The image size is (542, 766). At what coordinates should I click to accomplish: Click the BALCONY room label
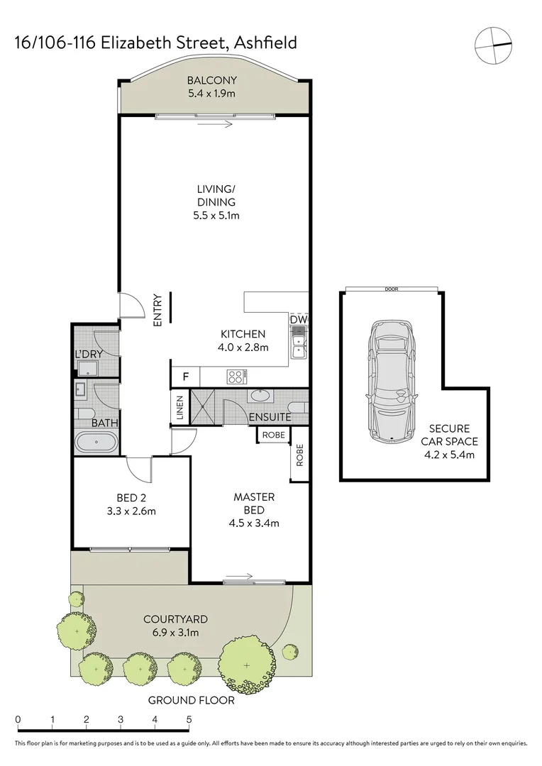tap(213, 80)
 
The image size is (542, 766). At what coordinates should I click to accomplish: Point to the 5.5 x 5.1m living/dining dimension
tap(216, 216)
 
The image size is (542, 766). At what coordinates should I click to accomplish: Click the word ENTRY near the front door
tap(157, 310)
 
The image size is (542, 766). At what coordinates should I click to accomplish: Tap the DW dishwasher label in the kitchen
tap(299, 321)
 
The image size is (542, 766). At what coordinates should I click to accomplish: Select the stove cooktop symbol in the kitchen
tap(236, 376)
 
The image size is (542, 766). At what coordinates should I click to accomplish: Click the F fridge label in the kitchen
tap(186, 376)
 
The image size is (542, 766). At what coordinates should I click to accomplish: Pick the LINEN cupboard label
tap(180, 407)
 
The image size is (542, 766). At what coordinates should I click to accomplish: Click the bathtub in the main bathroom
tap(96, 443)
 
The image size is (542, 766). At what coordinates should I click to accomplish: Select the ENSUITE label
tap(270, 417)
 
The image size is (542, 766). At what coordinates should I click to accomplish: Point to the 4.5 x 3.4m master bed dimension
tap(253, 523)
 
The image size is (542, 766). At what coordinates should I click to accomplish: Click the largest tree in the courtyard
tap(246, 665)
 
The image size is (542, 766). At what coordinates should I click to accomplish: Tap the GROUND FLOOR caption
tap(191, 701)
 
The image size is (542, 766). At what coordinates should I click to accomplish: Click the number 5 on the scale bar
tap(189, 719)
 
